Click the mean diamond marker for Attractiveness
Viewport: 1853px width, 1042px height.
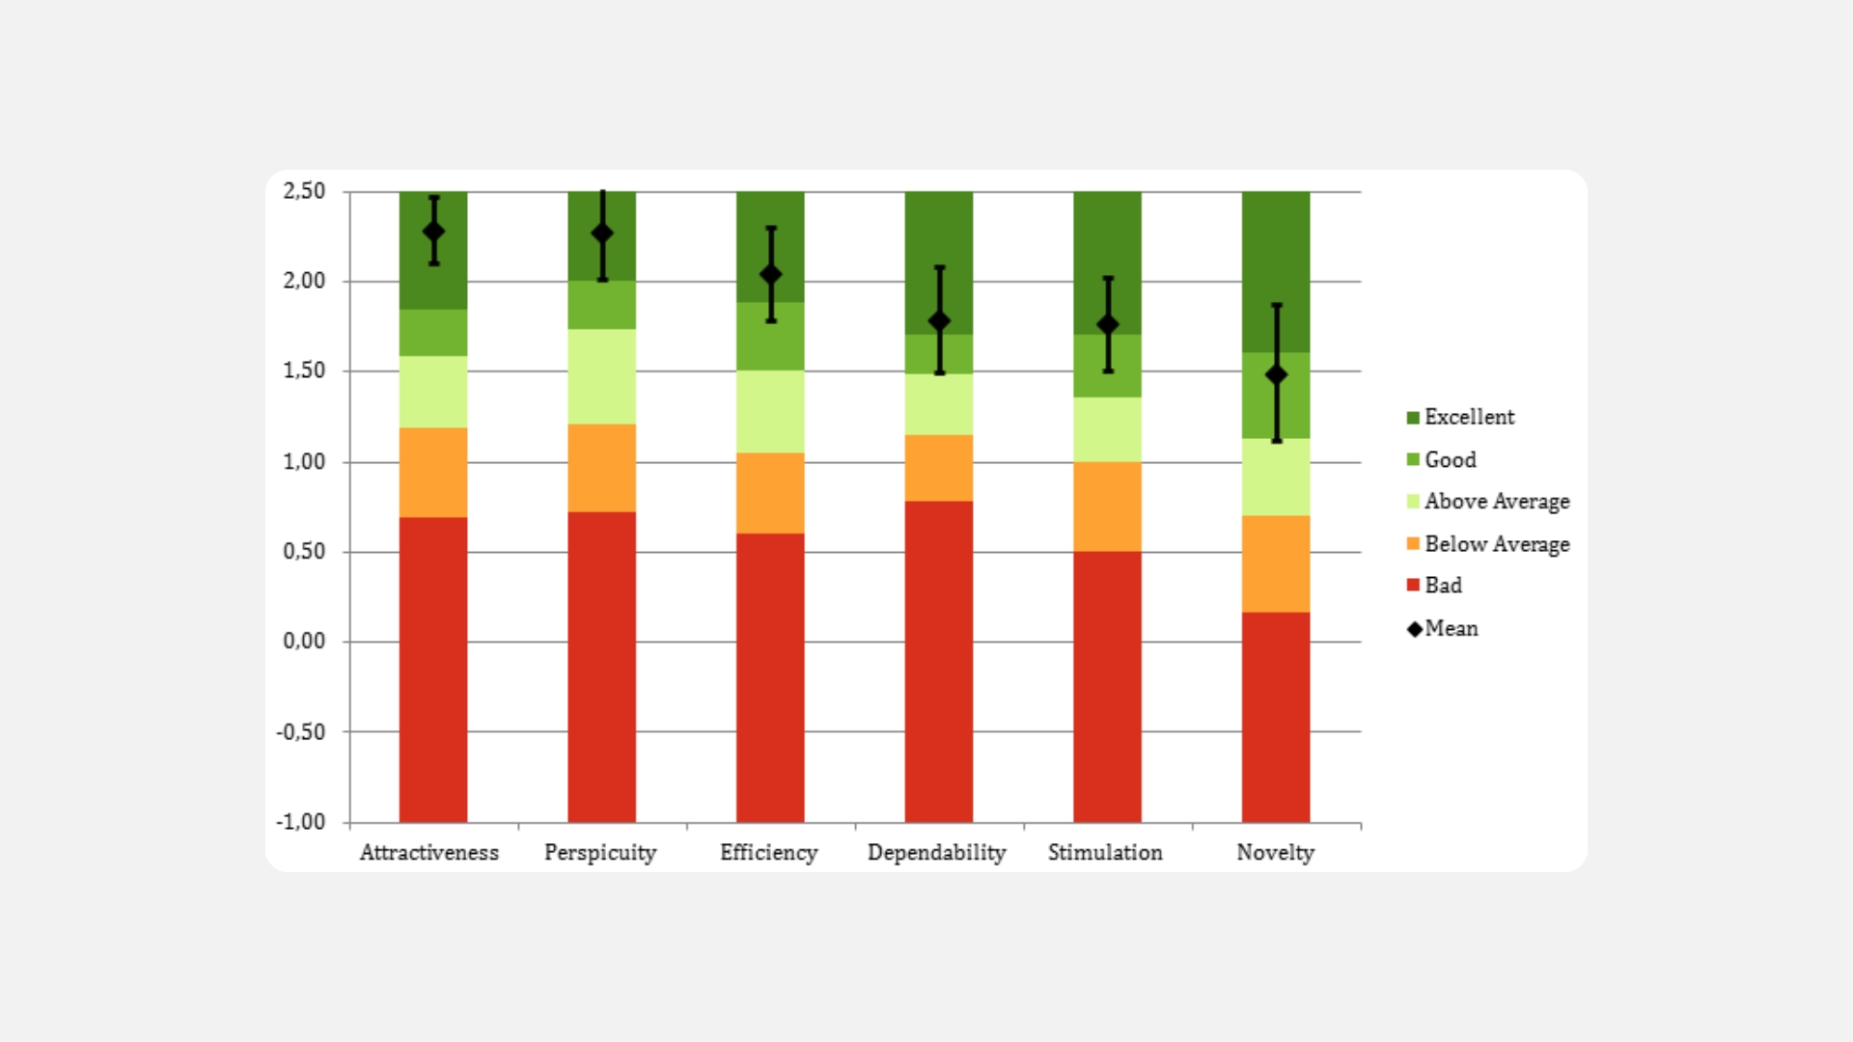click(434, 232)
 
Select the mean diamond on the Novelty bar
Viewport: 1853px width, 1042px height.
click(1276, 374)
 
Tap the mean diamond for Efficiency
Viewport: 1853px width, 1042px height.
click(770, 275)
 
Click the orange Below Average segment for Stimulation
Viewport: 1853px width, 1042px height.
click(1107, 507)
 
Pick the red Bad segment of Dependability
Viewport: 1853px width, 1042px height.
click(938, 661)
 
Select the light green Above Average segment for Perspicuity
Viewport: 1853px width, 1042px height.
click(601, 376)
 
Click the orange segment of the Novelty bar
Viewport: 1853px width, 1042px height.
click(1275, 563)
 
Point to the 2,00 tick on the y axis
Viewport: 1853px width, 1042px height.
click(304, 281)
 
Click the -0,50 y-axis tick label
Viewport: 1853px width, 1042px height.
click(301, 731)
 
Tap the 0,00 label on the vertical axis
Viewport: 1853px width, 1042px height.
click(304, 642)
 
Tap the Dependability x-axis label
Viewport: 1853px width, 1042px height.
click(936, 853)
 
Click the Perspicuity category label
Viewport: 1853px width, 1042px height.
click(600, 853)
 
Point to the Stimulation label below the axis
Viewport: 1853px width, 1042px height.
click(1105, 853)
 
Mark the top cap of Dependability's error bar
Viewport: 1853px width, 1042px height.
click(939, 267)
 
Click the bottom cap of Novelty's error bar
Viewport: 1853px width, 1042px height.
click(1276, 441)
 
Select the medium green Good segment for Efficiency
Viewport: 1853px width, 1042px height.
click(770, 336)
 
